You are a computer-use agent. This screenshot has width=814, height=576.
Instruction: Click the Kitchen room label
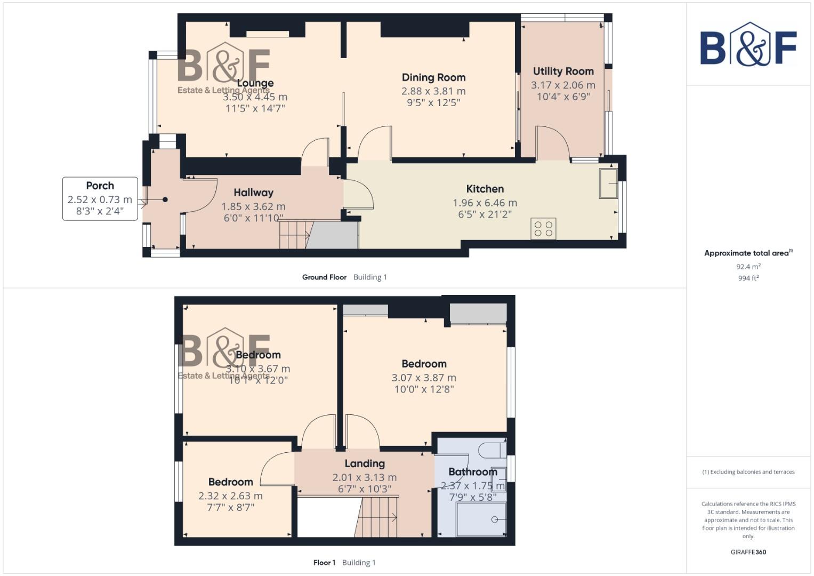pyautogui.click(x=485, y=189)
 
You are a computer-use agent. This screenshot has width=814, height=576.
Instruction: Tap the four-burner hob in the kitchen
pyautogui.click(x=543, y=229)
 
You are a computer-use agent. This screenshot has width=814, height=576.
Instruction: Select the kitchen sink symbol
pyautogui.click(x=608, y=183)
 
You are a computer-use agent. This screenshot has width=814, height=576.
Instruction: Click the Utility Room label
pyautogui.click(x=563, y=71)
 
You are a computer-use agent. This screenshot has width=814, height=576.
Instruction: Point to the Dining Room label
pyautogui.click(x=433, y=77)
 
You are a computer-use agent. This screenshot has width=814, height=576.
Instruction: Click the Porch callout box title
pyautogui.click(x=100, y=186)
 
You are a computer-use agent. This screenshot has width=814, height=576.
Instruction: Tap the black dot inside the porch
pyautogui.click(x=165, y=199)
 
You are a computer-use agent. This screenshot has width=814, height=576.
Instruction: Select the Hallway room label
pyautogui.click(x=253, y=193)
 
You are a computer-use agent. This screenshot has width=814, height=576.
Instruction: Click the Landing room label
pyautogui.click(x=364, y=463)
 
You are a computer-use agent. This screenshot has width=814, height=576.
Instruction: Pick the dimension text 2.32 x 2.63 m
pyautogui.click(x=230, y=496)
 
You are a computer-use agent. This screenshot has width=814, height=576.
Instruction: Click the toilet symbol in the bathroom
pyautogui.click(x=491, y=450)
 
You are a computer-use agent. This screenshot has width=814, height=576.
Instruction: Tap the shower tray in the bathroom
pyautogui.click(x=481, y=519)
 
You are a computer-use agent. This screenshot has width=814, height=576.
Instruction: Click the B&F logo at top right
pyautogui.click(x=748, y=44)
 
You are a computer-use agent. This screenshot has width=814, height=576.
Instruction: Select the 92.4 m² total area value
pyautogui.click(x=748, y=267)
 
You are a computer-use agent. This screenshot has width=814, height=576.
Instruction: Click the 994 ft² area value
pyautogui.click(x=748, y=278)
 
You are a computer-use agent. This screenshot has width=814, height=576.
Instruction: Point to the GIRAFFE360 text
pyautogui.click(x=748, y=552)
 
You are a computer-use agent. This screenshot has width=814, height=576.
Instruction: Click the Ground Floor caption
pyautogui.click(x=324, y=277)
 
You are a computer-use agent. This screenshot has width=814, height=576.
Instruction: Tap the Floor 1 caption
pyautogui.click(x=324, y=563)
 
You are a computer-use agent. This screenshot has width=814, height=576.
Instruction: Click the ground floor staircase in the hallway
pyautogui.click(x=294, y=235)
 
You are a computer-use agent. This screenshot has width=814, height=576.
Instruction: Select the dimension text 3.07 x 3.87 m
pyautogui.click(x=424, y=378)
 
